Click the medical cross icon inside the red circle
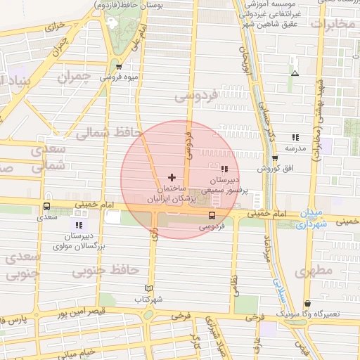[x=172, y=177]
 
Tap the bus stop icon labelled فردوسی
[x=212, y=215]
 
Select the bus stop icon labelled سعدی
[x=46, y=207]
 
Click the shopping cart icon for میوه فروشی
[x=119, y=67]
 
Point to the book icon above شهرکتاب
[x=148, y=288]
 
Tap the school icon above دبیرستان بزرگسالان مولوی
[x=79, y=226]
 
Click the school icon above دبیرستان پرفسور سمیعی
[x=224, y=169]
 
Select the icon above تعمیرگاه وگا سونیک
[x=307, y=304]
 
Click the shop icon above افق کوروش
[x=275, y=158]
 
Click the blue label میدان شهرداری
[x=311, y=219]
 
